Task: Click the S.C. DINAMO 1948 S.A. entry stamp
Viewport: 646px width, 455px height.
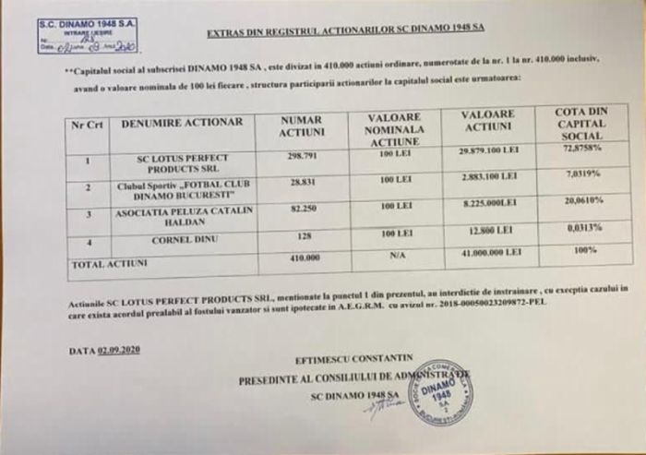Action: [x=88, y=35]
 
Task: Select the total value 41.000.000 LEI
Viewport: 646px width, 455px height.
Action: [x=488, y=251]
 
